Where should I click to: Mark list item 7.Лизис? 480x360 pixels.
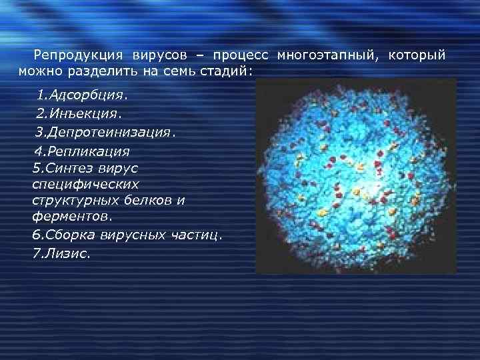pyautogui.click(x=60, y=254)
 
